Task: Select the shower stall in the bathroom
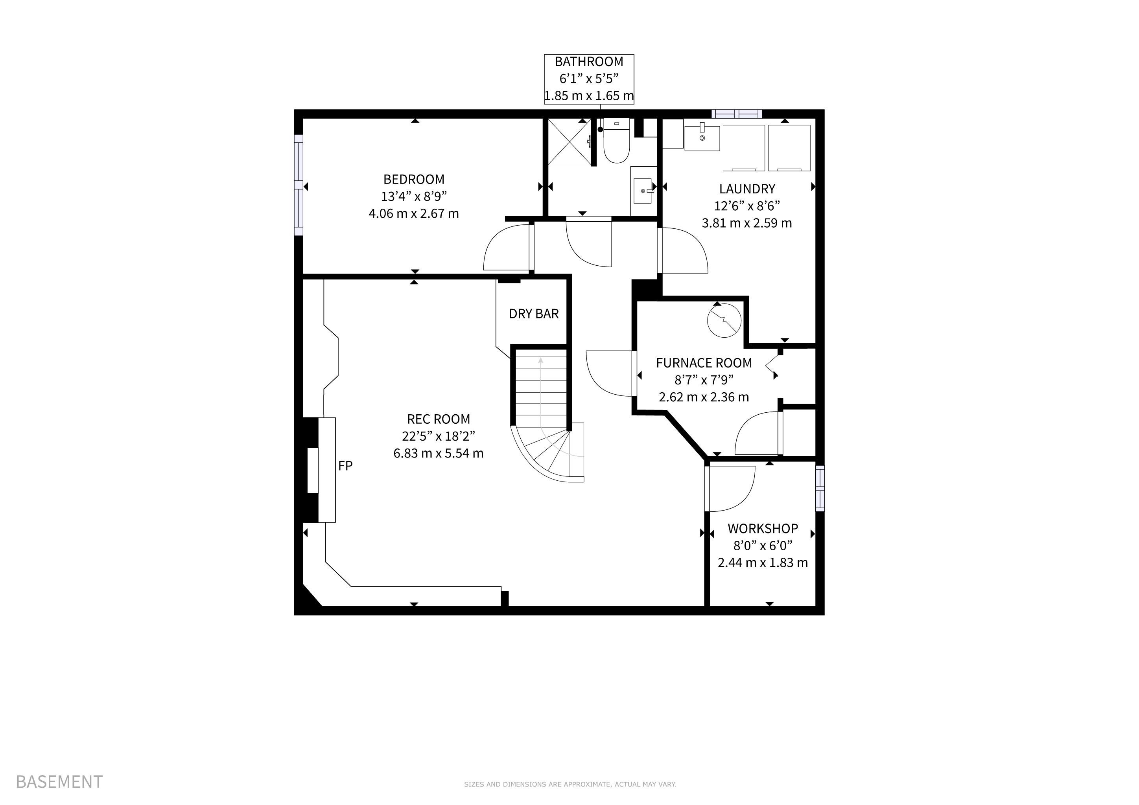click(569, 142)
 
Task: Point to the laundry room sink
click(702, 138)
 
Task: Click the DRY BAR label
click(534, 314)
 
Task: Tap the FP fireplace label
click(345, 465)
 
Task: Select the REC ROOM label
click(439, 419)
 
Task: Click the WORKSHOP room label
click(763, 528)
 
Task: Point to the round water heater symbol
click(724, 320)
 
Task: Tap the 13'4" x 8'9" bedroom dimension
click(414, 196)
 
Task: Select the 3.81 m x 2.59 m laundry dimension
click(746, 223)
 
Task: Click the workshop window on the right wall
click(820, 488)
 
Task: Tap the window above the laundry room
click(737, 114)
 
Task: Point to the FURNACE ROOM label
click(704, 363)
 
